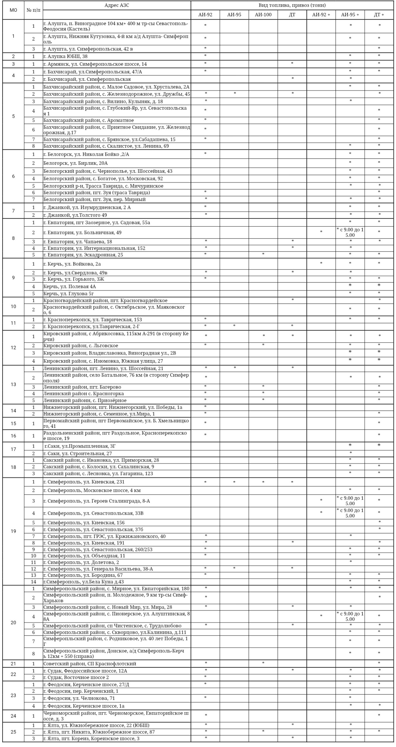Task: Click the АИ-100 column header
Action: (x=263, y=15)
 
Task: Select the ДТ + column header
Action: (x=379, y=15)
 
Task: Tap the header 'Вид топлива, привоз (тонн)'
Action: (x=292, y=5)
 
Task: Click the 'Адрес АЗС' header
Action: (x=117, y=5)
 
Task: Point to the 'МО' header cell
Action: (x=13, y=10)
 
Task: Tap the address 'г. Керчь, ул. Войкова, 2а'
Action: (x=72, y=264)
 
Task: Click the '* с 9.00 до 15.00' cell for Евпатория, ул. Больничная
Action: (x=350, y=232)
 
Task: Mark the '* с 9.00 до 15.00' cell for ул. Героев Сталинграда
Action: (x=350, y=501)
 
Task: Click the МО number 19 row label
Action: (x=13, y=531)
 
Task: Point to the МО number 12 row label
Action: (x=13, y=348)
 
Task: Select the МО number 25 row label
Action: (x=13, y=732)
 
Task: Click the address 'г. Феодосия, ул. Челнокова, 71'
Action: (x=79, y=698)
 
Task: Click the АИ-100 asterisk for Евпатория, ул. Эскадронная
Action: (x=263, y=254)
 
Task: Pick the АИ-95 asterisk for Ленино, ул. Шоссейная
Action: (x=234, y=368)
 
